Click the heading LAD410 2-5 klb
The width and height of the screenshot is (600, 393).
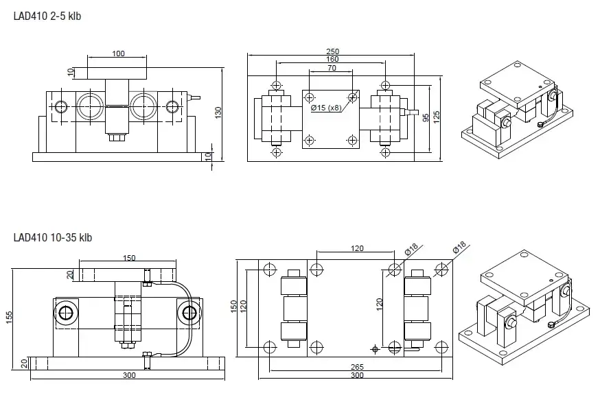click(47, 16)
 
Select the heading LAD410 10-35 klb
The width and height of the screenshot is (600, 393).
click(52, 238)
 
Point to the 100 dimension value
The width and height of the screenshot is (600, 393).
click(118, 53)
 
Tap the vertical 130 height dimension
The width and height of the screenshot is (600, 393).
click(218, 112)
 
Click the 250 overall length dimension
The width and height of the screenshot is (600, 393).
click(332, 52)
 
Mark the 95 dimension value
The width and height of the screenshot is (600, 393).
click(426, 118)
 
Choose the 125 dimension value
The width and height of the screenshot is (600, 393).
click(437, 118)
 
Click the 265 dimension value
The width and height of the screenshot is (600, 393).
click(354, 366)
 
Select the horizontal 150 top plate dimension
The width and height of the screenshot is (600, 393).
click(128, 258)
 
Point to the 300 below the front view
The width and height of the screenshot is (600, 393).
click(128, 375)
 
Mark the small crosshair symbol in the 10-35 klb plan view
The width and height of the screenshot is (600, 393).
click(375, 349)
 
